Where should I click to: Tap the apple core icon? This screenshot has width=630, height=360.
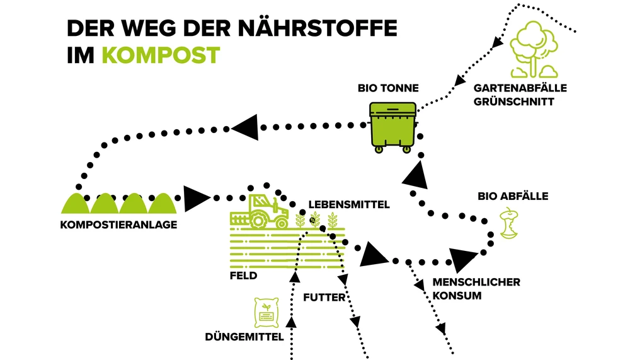click(x=508, y=225)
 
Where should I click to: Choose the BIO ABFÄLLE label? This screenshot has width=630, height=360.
click(x=512, y=196)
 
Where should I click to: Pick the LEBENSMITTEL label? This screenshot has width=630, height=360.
click(x=349, y=204)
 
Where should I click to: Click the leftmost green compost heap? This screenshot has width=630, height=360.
click(x=76, y=203)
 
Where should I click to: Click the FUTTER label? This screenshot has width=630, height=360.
click(x=324, y=297)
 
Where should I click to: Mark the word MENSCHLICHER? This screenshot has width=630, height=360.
click(x=476, y=282)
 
